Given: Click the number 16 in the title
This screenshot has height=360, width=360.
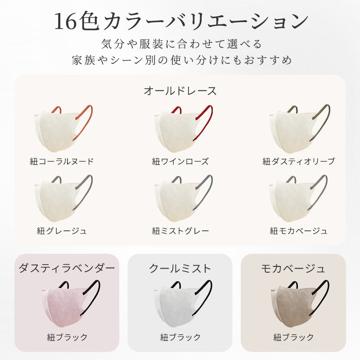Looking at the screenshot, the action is coord(65,21).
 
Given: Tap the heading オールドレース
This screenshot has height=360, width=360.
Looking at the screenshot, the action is coord(180,91).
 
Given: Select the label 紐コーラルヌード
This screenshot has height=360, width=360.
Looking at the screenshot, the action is coord(62,162).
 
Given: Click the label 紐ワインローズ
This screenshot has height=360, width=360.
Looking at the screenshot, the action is coord(180,162).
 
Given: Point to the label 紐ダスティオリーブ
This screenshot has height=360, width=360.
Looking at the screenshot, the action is coord(299,162).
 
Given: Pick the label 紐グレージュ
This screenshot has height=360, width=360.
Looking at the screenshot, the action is coord(62,231).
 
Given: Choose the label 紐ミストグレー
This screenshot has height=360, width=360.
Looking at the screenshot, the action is coord(180,231).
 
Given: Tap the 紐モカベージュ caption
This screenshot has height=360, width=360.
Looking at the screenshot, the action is coord(299,231).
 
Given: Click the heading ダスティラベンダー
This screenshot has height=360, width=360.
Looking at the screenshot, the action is coord(67,268).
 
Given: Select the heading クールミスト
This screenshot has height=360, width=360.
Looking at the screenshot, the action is coord(180,268).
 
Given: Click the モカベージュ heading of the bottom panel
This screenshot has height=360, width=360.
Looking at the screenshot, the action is coord(293,268).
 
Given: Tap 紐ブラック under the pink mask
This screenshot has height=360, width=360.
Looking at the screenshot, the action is coord(67,337).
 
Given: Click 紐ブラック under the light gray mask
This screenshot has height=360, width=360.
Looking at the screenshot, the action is coord(180,337).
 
